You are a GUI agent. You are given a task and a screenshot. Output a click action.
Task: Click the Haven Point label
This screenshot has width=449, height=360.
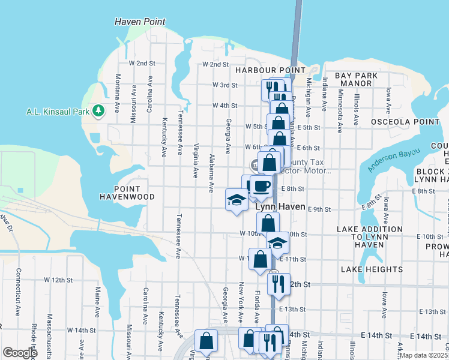(x=140, y=22)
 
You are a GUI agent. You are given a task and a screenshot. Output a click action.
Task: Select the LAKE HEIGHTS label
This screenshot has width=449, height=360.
(x=365, y=269)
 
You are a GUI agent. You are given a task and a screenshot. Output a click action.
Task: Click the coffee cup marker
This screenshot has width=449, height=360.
(x=261, y=186)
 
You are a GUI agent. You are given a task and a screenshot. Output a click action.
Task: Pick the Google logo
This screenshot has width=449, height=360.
(x=20, y=353)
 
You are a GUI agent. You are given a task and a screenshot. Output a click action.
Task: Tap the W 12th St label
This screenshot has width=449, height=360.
(x=66, y=280)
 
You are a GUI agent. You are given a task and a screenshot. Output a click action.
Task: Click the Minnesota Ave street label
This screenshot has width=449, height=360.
(x=340, y=111)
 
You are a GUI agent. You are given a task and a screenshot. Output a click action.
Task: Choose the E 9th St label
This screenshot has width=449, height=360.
(x=319, y=209)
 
